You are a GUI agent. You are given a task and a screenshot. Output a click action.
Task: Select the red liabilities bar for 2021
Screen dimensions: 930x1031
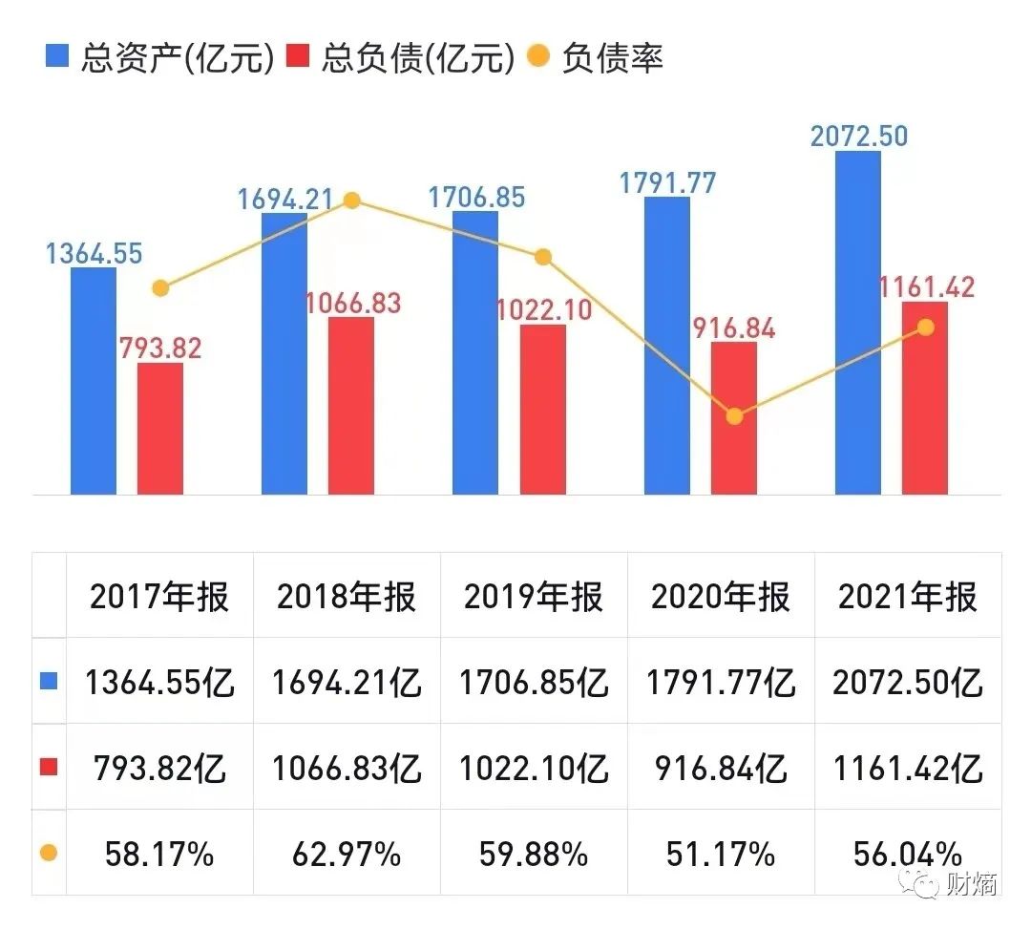[925, 398]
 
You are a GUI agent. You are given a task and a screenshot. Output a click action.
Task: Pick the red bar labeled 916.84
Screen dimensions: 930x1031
[734, 417]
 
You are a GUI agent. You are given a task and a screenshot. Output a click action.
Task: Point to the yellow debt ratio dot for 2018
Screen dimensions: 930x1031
[351, 201]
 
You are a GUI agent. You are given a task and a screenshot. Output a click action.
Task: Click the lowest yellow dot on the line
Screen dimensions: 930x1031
[734, 416]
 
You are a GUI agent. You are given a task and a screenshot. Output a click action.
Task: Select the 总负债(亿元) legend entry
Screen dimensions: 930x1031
[400, 58]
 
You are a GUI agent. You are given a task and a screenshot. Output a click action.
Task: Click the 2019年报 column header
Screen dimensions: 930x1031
[534, 597]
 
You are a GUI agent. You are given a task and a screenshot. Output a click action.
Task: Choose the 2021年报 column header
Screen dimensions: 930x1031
[908, 597]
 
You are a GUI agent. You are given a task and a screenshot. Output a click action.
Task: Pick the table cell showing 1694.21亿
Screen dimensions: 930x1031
[347, 683]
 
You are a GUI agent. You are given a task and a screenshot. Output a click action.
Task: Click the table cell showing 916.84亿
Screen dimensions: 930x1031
[721, 768]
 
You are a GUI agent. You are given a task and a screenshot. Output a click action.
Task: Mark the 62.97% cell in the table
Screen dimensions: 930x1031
[347, 853]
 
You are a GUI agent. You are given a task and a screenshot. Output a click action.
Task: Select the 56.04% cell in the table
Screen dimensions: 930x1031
[908, 853]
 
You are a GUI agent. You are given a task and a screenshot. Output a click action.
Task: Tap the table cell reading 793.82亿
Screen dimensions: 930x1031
[159, 768]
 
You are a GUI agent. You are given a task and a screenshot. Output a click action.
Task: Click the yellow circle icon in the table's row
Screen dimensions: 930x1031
[49, 853]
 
